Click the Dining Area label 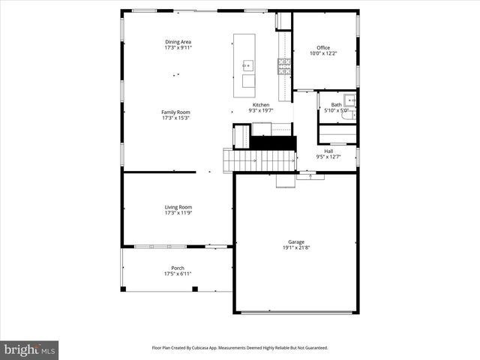click(178, 41)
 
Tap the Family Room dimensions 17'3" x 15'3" click(175, 118)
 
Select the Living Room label click(178, 207)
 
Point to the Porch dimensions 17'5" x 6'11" click(178, 274)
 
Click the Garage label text click(296, 241)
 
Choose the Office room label click(323, 48)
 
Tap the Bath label click(336, 105)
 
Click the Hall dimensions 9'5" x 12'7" click(328, 157)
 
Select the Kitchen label click(261, 105)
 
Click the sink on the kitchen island click(248, 66)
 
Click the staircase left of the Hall click(259, 160)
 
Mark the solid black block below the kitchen click(273, 142)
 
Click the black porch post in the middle click(195, 289)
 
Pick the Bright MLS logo click(30, 349)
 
